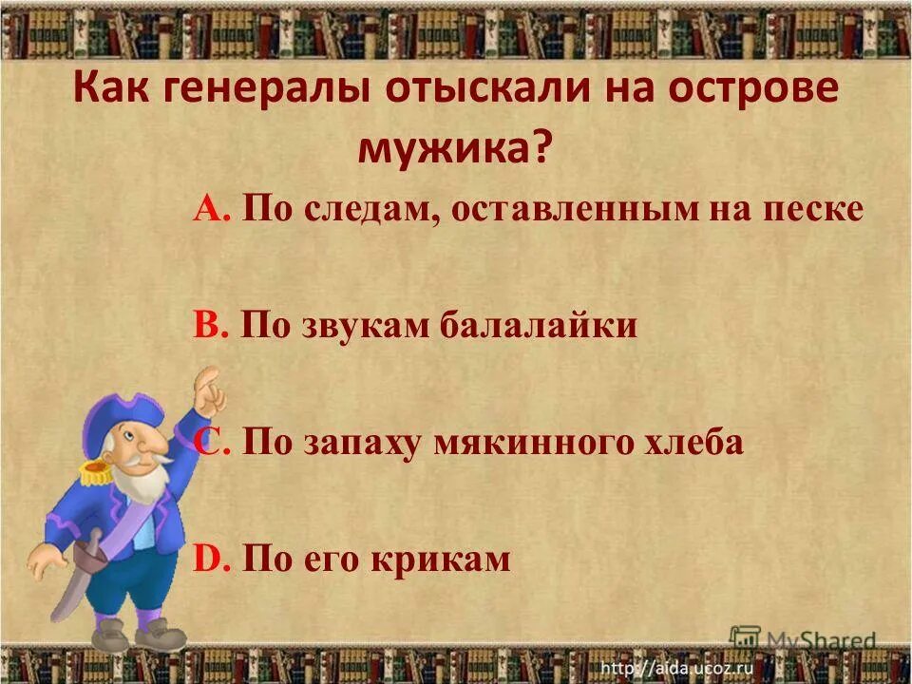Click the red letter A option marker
[x=210, y=209]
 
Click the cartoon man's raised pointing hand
[x=206, y=385]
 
